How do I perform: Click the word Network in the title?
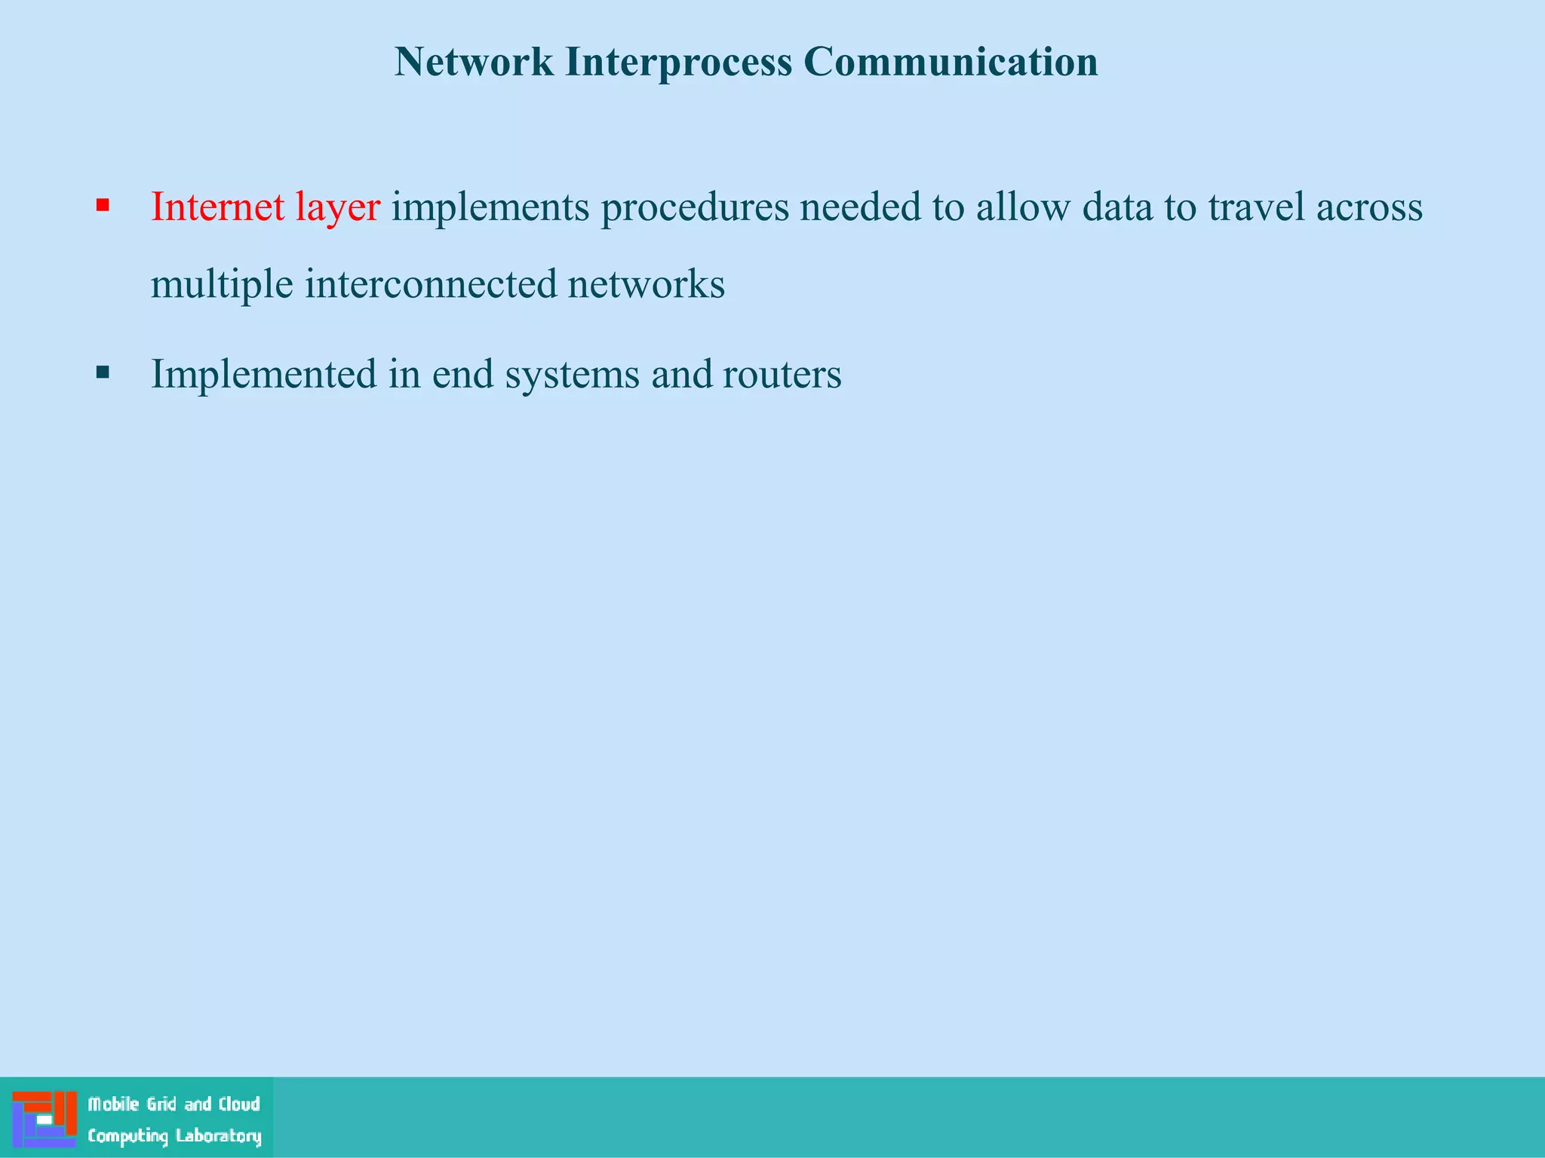coord(474,62)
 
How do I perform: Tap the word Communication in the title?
coord(951,62)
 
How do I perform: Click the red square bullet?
coord(103,205)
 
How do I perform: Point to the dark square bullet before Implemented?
coord(103,372)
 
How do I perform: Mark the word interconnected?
coord(431,284)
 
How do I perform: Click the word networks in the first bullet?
coord(646,284)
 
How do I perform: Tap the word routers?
coord(782,375)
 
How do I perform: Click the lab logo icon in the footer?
coord(45,1119)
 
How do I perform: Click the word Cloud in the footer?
coord(239,1104)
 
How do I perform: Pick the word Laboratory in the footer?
coord(219,1136)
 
